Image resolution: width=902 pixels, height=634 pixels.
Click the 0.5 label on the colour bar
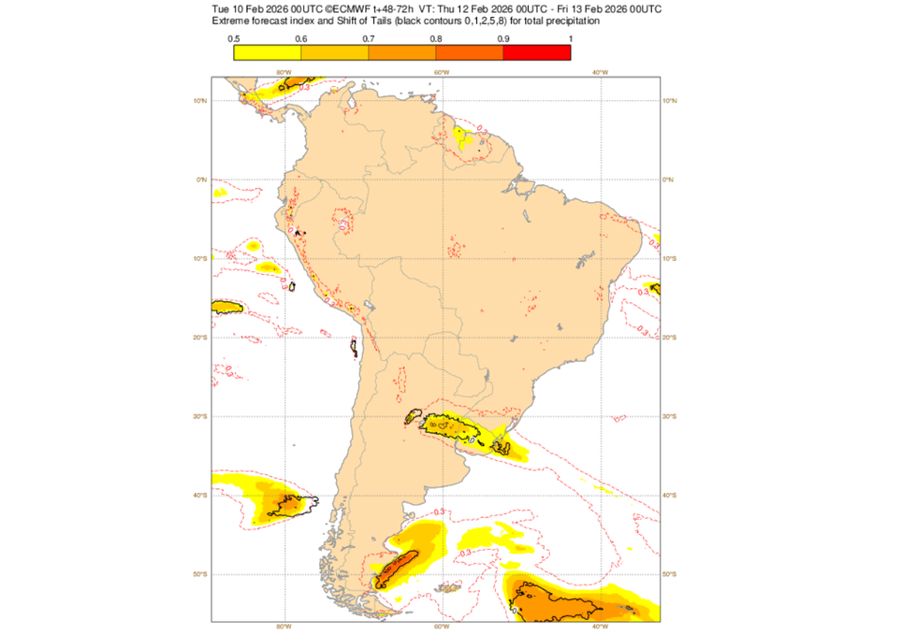(234, 37)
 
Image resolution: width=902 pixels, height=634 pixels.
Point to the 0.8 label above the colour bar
(436, 37)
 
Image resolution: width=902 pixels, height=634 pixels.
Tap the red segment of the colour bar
(537, 52)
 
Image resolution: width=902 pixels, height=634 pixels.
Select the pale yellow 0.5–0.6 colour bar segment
(268, 52)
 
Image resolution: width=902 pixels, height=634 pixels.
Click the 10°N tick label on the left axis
(200, 100)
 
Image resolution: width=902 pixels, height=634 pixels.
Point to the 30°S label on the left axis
(200, 416)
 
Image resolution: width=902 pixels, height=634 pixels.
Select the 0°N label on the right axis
(669, 180)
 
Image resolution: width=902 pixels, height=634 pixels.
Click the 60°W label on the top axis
(441, 73)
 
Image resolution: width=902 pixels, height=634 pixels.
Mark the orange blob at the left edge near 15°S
(226, 307)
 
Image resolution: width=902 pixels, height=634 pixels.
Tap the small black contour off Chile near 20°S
(354, 348)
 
